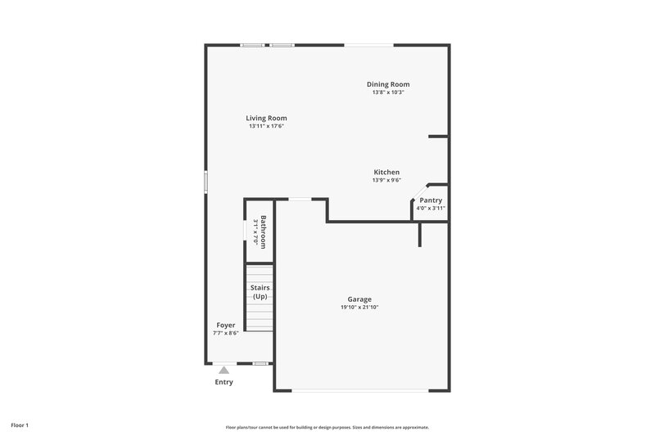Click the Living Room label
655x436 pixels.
(x=266, y=118)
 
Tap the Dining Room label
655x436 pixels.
(x=388, y=84)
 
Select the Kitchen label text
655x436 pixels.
(x=386, y=172)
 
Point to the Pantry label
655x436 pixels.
(x=431, y=200)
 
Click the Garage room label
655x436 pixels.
(x=359, y=299)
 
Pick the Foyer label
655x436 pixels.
(x=225, y=325)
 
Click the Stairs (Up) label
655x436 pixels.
(x=260, y=292)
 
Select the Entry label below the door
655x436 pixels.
(x=224, y=382)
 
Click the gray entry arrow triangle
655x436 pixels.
(x=224, y=370)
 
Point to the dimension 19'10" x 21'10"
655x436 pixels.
(x=359, y=308)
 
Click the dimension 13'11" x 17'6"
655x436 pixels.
(x=266, y=126)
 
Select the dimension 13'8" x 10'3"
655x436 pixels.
(x=388, y=92)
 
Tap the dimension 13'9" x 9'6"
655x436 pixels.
(x=386, y=180)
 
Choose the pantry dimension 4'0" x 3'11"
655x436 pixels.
(x=431, y=209)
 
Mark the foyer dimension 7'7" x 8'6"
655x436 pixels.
(x=225, y=333)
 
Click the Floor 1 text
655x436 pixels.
(x=20, y=425)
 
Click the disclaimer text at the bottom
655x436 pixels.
(x=327, y=427)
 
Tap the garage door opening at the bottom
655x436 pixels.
(x=360, y=390)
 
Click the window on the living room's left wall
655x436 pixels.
(x=206, y=182)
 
